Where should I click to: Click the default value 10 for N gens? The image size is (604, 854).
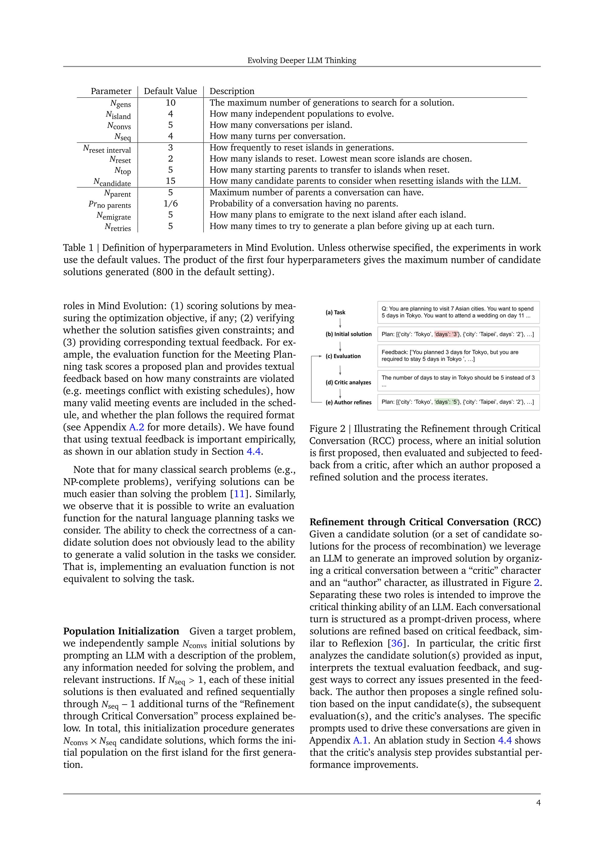coord(170,103)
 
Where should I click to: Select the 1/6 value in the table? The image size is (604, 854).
coord(170,204)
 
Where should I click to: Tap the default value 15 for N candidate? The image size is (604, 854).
coord(170,181)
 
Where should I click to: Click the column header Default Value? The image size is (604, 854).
coord(170,91)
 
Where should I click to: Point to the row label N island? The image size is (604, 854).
coord(118,115)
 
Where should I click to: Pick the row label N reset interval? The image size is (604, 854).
coord(107,149)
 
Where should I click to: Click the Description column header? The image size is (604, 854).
coord(232,91)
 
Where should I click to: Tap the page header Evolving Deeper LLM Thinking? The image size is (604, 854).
coord(302,60)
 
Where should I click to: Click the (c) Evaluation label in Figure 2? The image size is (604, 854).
coord(343,356)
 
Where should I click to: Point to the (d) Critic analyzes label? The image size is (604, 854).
coord(348,382)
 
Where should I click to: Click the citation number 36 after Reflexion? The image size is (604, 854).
coord(397,643)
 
